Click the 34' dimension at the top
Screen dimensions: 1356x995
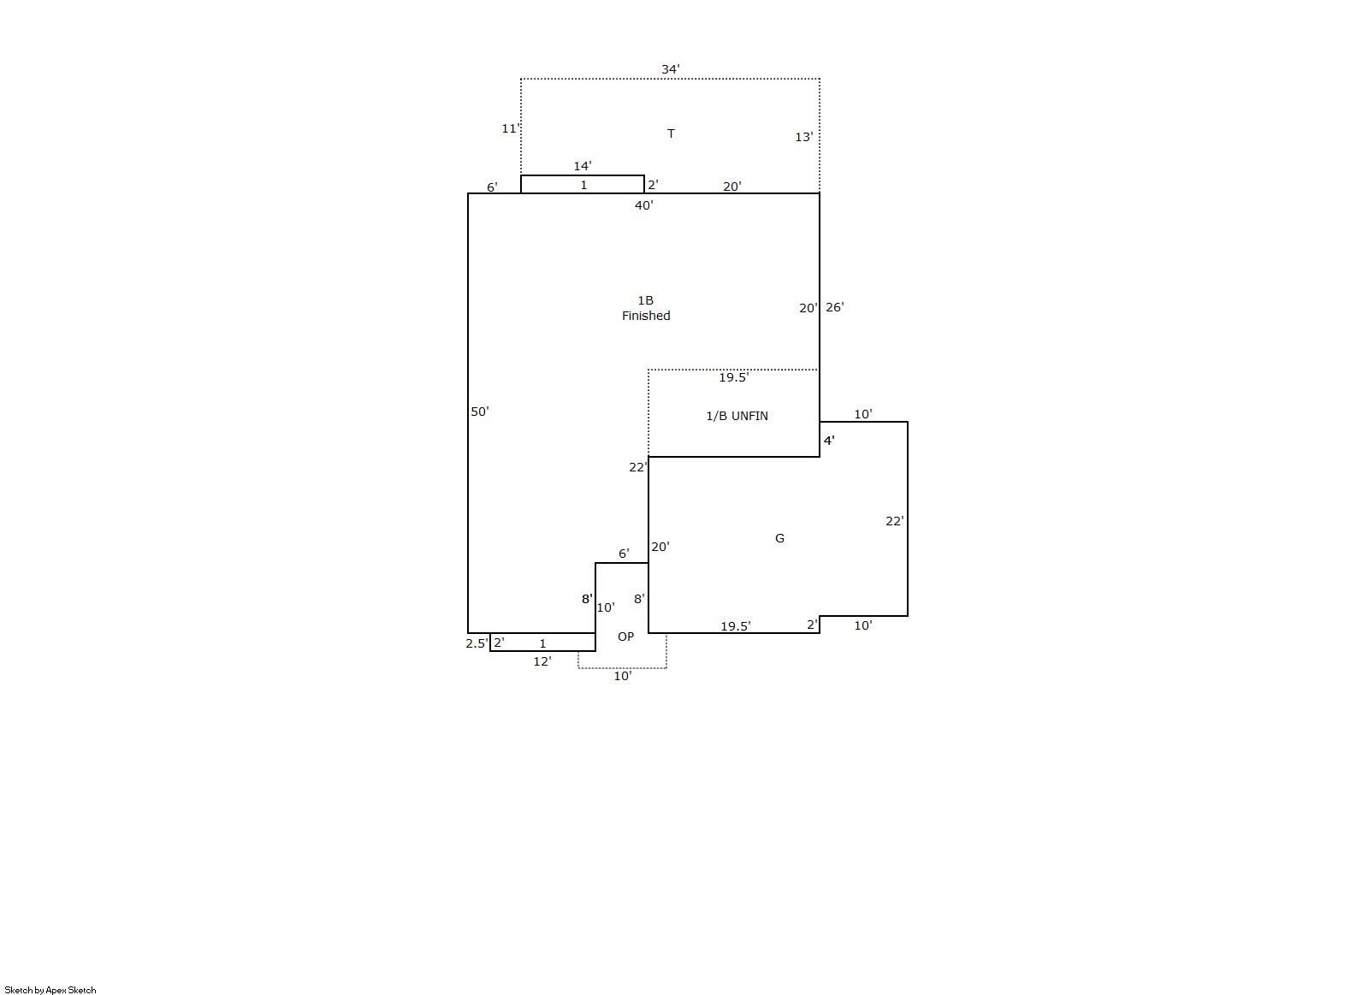click(670, 69)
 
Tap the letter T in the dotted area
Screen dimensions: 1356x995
click(671, 133)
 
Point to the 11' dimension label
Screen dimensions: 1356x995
click(511, 128)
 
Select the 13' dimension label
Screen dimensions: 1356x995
click(804, 137)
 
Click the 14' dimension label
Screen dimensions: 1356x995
click(583, 165)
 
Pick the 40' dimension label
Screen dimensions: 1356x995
click(644, 205)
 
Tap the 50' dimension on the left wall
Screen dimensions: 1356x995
click(480, 412)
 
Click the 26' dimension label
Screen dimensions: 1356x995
click(835, 307)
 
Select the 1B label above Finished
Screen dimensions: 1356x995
click(645, 300)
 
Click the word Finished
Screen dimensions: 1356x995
click(646, 316)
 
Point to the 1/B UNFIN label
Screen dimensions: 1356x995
click(737, 416)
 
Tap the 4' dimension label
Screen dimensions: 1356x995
click(829, 441)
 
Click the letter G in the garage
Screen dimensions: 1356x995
click(779, 538)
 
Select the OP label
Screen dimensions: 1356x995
click(625, 636)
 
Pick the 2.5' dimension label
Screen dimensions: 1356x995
click(477, 643)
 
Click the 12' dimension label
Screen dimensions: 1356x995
click(542, 661)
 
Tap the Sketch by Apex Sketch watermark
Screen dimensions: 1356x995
click(50, 990)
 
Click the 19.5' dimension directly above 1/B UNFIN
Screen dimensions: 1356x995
click(734, 377)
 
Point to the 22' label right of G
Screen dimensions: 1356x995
click(895, 521)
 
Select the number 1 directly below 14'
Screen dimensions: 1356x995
click(583, 185)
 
